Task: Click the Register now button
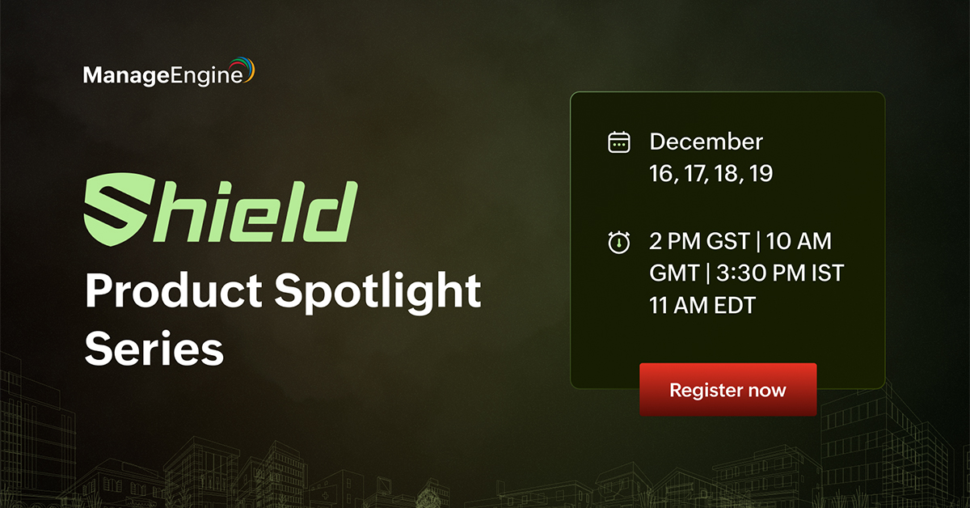[727, 390]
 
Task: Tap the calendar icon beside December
[618, 143]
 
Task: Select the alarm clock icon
[618, 242]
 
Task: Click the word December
[706, 142]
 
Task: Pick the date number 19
[759, 174]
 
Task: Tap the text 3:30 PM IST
[777, 273]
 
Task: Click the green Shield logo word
[221, 213]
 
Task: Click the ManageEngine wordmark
[162, 76]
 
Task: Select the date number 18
[727, 174]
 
